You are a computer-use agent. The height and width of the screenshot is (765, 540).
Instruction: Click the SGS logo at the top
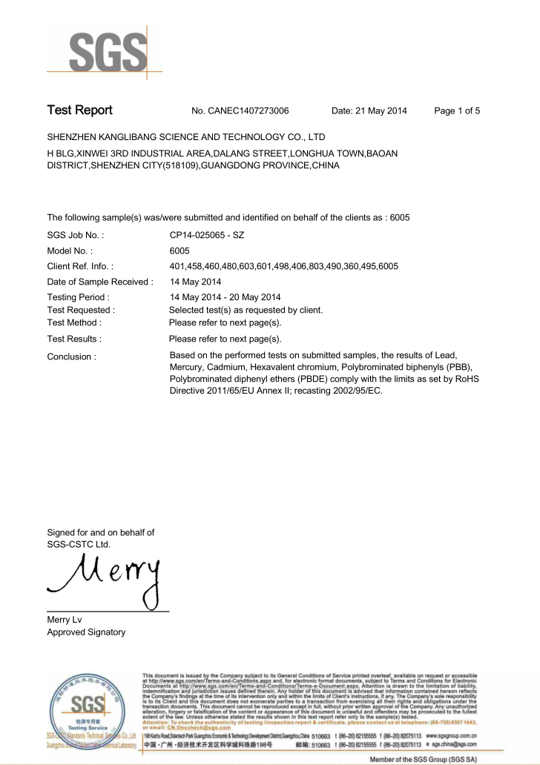(108, 51)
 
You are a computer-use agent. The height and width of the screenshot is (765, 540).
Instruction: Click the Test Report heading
(79, 110)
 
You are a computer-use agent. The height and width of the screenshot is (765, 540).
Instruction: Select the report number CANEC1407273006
(240, 111)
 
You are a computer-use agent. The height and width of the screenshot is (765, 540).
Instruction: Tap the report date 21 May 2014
(369, 111)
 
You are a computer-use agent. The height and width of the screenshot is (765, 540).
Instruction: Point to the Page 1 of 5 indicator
(457, 111)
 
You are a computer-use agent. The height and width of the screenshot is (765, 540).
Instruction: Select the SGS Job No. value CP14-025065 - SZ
(207, 234)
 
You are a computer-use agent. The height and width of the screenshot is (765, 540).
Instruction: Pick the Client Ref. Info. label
(80, 266)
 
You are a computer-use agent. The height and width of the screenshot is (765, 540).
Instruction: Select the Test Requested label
(81, 310)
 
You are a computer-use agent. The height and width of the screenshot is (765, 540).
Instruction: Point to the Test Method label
(74, 322)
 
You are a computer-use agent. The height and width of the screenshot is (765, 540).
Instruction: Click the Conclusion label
(71, 357)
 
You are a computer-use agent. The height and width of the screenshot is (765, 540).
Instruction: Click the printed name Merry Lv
(65, 620)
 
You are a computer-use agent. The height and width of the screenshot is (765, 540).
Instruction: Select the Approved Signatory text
(86, 632)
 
